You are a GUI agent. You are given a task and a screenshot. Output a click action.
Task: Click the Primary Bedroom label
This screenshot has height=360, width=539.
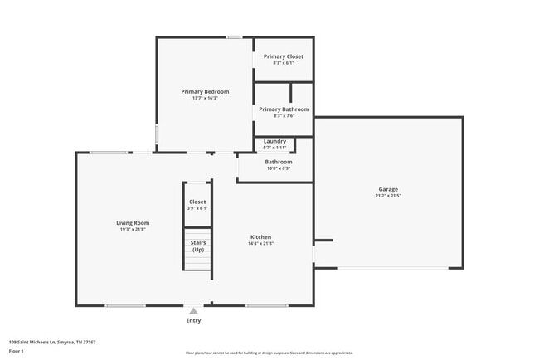[205, 91]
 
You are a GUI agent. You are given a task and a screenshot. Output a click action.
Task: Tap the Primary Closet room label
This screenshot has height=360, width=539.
[284, 56]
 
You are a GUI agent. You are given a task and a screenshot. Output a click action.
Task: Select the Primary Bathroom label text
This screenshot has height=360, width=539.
[284, 109]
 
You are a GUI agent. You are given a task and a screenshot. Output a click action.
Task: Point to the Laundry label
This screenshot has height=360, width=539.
[274, 141]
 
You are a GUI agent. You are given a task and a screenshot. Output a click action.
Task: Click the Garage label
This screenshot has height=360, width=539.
[388, 189]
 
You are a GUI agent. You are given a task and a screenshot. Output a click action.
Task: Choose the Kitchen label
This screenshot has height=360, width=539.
[260, 237]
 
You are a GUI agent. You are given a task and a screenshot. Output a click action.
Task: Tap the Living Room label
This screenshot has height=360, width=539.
[132, 222]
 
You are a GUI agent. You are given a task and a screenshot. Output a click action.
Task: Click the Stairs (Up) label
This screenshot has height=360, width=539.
[198, 246]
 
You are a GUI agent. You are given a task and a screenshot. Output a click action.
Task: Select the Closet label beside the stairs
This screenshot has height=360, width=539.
[197, 202]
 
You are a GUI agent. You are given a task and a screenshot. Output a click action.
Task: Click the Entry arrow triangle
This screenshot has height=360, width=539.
[193, 310]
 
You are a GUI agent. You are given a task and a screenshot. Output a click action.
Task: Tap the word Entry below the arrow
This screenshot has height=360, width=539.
[193, 320]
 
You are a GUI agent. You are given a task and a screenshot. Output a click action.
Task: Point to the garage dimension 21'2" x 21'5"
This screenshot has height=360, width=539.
[388, 197]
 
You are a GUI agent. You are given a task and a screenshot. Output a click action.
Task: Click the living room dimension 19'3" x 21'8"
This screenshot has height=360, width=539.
[132, 229]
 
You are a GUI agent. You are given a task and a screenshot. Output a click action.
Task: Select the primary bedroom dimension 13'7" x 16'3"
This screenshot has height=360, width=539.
[205, 98]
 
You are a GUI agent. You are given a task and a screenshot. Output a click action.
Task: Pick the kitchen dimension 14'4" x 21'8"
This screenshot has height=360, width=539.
[260, 244]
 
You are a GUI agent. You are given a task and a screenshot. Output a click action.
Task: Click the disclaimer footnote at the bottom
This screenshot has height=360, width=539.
[269, 353]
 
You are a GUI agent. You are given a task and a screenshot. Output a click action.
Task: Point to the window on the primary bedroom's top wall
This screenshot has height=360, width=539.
[235, 36]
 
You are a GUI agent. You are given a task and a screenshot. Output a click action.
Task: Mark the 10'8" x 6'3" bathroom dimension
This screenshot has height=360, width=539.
[278, 168]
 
